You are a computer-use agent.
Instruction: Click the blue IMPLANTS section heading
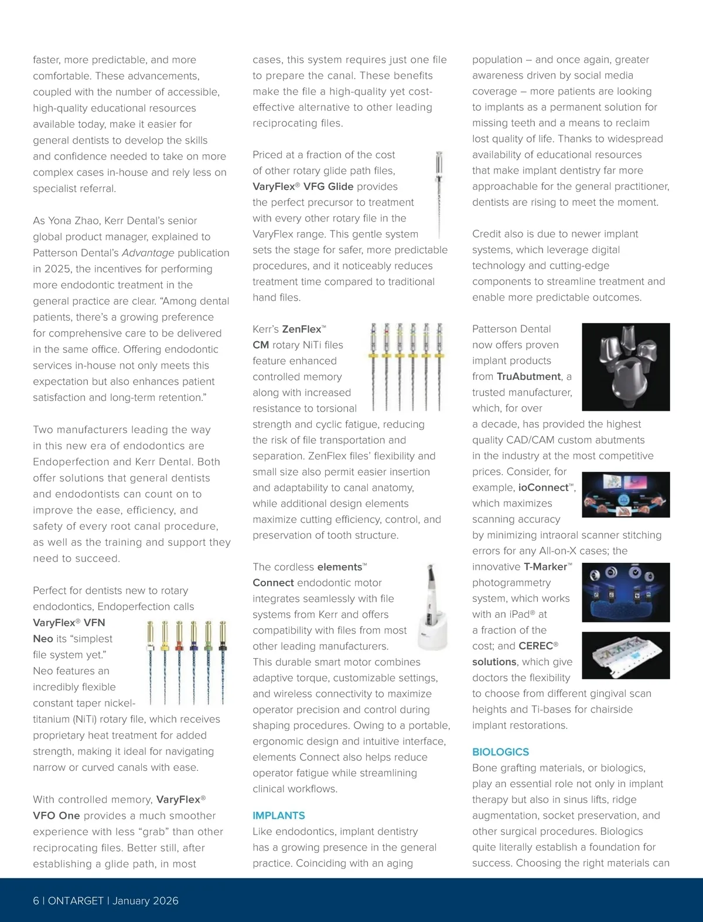279,815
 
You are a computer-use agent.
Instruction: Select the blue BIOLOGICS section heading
500,752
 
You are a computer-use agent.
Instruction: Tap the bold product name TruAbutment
528,376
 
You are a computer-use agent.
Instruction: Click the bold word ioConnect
543,488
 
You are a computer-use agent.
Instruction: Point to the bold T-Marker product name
545,567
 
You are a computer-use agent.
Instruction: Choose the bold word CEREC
535,646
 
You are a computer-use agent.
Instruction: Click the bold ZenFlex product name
302,329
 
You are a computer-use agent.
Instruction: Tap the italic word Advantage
148,253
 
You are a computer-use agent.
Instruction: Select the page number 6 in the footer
36,901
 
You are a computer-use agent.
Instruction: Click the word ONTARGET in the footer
76,901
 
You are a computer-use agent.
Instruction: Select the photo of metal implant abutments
626,366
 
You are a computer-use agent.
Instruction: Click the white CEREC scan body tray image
626,655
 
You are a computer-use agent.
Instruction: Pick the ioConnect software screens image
626,495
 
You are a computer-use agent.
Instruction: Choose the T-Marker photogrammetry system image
626,592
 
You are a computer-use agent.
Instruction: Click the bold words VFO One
56,816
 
